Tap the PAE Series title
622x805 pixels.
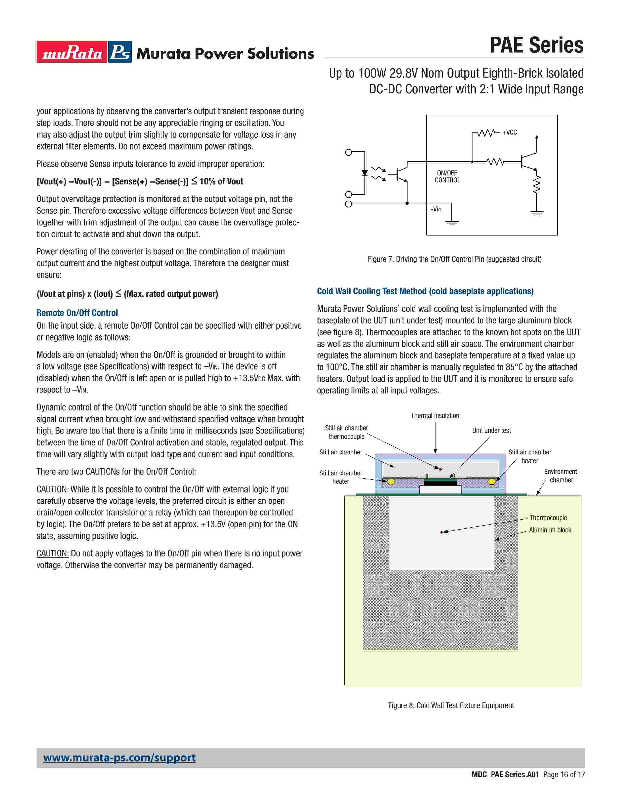(x=537, y=45)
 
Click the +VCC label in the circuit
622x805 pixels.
(x=510, y=132)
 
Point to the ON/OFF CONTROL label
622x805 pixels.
(x=447, y=177)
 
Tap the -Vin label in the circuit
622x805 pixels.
(x=436, y=209)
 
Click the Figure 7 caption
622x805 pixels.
(x=454, y=259)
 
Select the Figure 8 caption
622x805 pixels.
(x=451, y=705)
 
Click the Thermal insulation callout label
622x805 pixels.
(x=435, y=415)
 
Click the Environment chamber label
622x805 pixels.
(x=561, y=475)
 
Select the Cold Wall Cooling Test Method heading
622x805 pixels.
(x=425, y=291)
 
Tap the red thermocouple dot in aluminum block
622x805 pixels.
(x=441, y=532)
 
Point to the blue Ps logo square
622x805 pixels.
(x=120, y=52)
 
